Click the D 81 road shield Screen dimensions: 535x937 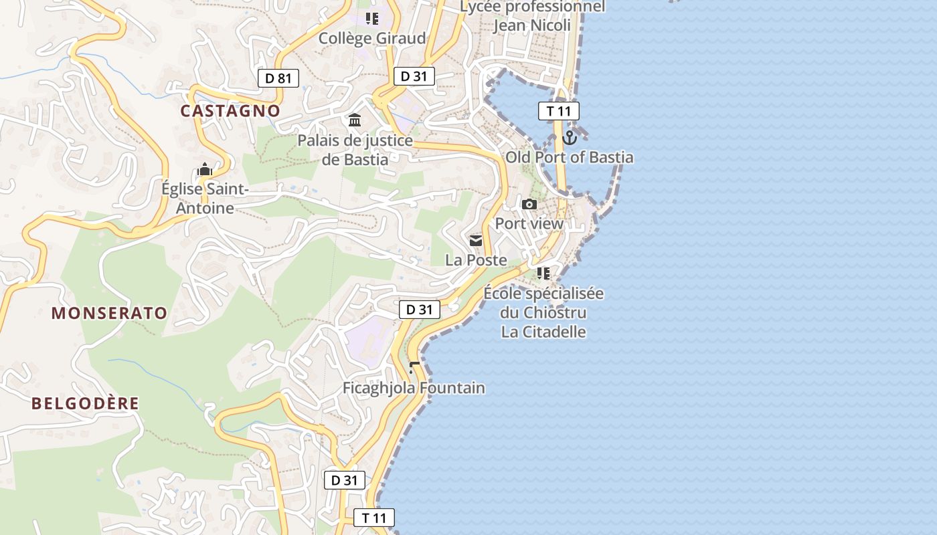tap(278, 78)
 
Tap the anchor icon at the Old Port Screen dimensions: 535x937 tap(570, 138)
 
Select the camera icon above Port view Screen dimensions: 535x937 tap(529, 204)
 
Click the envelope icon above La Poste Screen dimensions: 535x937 tap(476, 241)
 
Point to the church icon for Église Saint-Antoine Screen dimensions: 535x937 tap(205, 169)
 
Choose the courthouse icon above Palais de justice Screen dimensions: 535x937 tap(355, 120)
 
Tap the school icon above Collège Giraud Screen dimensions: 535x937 tap(371, 19)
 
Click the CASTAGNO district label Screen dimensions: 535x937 tap(230, 111)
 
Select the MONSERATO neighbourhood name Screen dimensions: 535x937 tap(109, 313)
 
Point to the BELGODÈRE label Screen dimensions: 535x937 tap(86, 403)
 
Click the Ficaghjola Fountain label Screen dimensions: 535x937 tap(414, 388)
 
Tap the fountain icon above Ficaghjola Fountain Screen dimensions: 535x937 tap(414, 367)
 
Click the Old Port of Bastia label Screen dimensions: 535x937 tap(569, 158)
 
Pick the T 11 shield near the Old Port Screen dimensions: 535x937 tap(558, 111)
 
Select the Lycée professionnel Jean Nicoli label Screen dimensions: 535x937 tap(532, 16)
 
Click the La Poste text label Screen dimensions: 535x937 tap(476, 260)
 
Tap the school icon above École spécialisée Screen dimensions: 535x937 tap(543, 273)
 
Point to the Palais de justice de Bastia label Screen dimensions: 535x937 tap(355, 150)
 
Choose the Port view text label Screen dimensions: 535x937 tap(529, 223)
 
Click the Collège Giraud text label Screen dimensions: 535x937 tap(371, 38)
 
